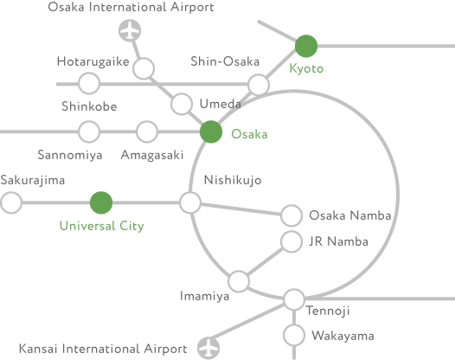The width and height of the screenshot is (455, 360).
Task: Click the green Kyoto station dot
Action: point(306,46)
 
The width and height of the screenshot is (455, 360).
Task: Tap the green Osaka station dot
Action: point(211,132)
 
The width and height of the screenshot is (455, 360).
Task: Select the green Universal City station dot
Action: point(101,202)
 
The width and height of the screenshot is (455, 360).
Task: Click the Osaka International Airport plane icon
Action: point(130,30)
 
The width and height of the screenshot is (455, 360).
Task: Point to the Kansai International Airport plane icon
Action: point(208,348)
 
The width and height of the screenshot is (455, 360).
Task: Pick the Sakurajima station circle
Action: point(11,202)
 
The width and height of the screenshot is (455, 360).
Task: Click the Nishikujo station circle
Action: point(190,202)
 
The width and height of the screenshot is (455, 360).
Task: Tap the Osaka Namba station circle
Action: point(292,215)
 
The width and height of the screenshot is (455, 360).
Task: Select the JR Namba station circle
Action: point(292,241)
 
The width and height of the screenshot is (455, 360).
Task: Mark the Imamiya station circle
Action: point(239,281)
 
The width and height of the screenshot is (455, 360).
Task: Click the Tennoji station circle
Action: point(294,299)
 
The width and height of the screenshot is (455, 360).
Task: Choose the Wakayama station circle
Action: point(294,335)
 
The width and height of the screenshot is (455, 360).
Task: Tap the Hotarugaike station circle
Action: point(144,68)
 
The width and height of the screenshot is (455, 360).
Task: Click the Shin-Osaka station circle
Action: point(259,85)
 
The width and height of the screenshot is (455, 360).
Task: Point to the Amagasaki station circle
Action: point(147,132)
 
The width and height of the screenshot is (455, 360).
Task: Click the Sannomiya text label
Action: point(70,155)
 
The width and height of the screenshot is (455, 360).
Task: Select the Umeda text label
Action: point(221,104)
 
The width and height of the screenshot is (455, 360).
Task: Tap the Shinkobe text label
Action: point(89,106)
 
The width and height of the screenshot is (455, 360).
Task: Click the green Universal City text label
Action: point(101,226)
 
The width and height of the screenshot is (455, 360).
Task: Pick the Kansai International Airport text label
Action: point(103,349)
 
